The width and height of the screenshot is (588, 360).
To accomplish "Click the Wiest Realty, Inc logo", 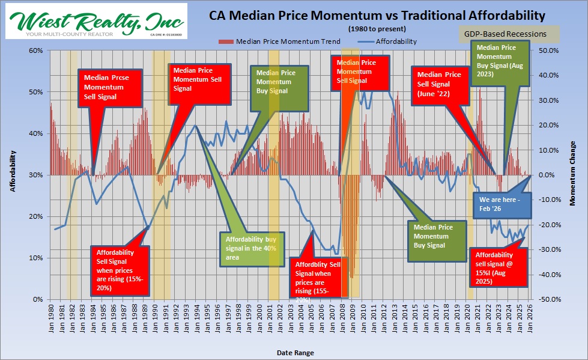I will [96, 22].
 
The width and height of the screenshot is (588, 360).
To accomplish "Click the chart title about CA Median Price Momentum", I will [377, 14].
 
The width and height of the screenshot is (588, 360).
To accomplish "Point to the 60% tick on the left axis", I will [34, 50].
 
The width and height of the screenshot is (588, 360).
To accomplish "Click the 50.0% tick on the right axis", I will [551, 50].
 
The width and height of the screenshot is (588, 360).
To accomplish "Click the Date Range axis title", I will [294, 353].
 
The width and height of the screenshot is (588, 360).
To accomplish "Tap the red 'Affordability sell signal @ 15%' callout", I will [498, 266].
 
